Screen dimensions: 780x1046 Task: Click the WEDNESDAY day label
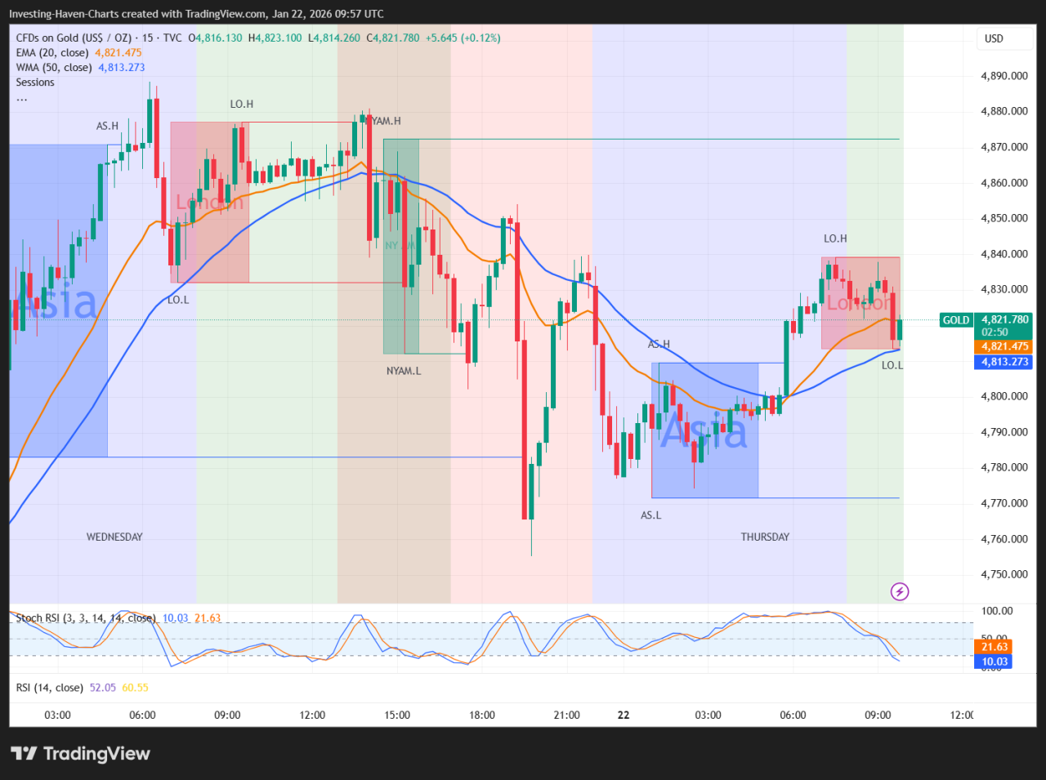point(114,537)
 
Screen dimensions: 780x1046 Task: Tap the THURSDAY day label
point(765,537)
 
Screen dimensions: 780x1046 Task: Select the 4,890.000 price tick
point(1004,76)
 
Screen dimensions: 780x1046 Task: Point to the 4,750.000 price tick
point(1004,574)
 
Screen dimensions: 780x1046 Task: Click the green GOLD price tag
point(956,320)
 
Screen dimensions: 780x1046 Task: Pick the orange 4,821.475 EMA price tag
point(1005,346)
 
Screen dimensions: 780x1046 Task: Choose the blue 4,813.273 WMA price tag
point(1004,362)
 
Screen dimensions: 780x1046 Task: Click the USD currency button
point(994,38)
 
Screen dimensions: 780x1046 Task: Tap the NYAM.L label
point(404,371)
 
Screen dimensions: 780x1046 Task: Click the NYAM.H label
point(386,121)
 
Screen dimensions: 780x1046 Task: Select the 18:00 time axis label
point(482,715)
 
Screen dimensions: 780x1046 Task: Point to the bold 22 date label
point(624,715)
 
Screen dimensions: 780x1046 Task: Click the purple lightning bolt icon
point(900,591)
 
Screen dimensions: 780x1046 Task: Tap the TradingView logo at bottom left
point(81,753)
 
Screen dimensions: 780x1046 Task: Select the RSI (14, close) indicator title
point(50,688)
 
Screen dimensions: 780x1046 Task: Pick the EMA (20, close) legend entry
point(52,53)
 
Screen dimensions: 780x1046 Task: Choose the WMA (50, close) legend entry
point(54,68)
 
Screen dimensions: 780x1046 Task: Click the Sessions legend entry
point(35,82)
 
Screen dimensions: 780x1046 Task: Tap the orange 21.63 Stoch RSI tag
point(995,647)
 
